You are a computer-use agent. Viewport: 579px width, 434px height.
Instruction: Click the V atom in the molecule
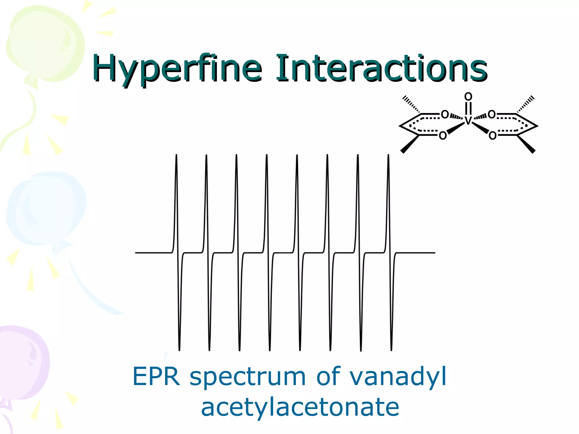point(468,120)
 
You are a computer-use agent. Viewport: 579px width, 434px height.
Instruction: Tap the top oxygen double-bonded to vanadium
point(468,97)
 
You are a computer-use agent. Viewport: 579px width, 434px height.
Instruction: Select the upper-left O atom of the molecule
point(445,114)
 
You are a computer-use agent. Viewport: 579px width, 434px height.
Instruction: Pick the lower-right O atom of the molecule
point(492,136)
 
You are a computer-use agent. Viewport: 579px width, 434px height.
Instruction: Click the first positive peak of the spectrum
point(176,158)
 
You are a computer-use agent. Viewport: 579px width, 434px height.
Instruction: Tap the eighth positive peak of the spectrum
point(388,158)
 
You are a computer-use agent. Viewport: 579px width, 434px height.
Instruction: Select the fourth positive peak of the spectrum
point(267,158)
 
